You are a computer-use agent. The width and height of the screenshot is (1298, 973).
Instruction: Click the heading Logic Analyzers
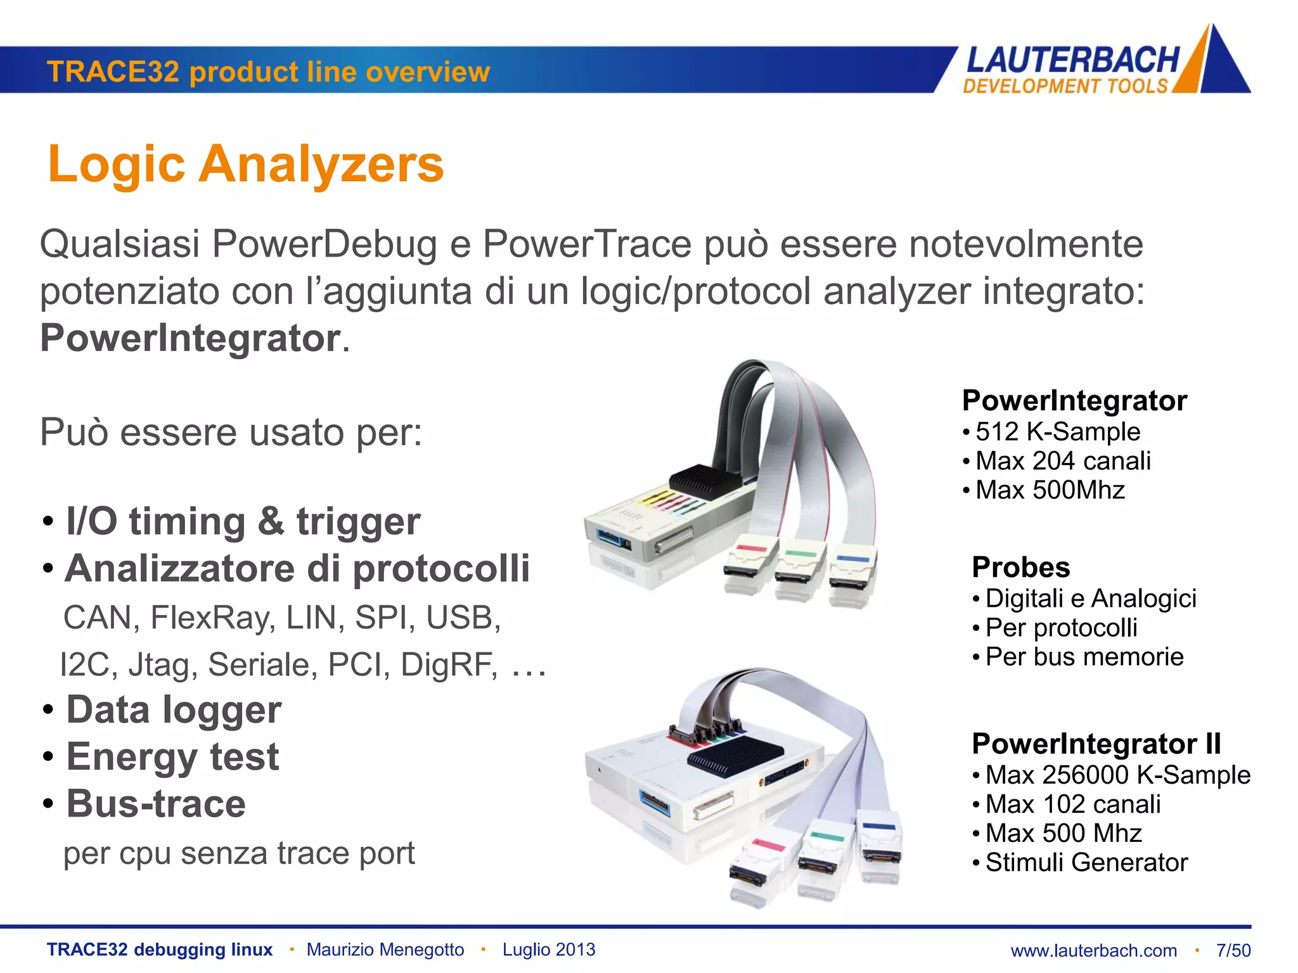coord(246,164)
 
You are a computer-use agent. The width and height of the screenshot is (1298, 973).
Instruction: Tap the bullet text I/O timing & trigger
coord(243,521)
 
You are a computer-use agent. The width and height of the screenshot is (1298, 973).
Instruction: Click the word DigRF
coord(449,665)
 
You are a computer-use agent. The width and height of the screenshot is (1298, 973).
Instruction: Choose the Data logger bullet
coord(174,709)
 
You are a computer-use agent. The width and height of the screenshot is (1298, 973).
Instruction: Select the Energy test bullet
coord(172,756)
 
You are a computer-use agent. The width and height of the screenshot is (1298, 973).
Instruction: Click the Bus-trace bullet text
coord(156,804)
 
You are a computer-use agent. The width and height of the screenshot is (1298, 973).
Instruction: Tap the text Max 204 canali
coord(1063,461)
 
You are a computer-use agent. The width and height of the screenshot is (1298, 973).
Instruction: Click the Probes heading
coord(1020,567)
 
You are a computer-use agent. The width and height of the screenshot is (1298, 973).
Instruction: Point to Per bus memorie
coord(1084,657)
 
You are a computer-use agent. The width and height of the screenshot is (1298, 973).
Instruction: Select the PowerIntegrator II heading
coord(1096,744)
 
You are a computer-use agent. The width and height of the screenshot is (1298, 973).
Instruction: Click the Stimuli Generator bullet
coord(1086,862)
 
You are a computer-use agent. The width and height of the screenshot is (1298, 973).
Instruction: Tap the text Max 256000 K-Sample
coord(1117,775)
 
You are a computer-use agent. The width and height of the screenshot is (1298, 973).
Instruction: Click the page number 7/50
coord(1233,950)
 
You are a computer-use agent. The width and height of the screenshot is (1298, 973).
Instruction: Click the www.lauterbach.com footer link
coord(1093,950)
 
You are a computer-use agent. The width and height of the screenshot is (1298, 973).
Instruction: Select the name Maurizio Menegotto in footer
coord(385,950)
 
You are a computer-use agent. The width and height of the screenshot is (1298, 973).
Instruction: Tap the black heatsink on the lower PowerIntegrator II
coord(735,757)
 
